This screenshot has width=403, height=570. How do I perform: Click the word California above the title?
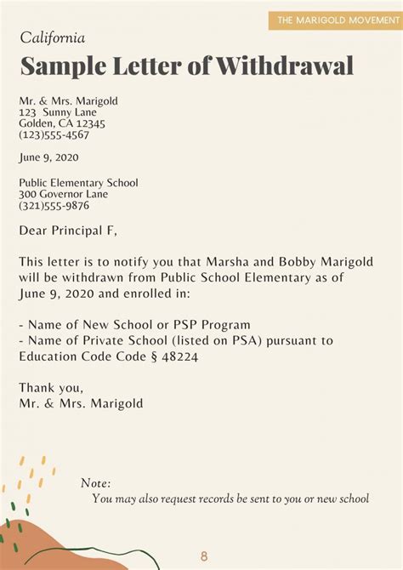52,38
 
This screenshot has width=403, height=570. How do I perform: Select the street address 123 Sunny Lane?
58,112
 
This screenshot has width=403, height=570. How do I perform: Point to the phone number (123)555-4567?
54,134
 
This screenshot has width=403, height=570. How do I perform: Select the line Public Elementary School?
78,183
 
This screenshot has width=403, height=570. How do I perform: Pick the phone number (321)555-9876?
54,205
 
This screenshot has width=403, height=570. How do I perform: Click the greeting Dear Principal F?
68,230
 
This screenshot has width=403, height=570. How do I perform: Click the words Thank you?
50,388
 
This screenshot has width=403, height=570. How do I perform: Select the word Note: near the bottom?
95,482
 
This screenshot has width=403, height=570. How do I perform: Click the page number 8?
204,556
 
